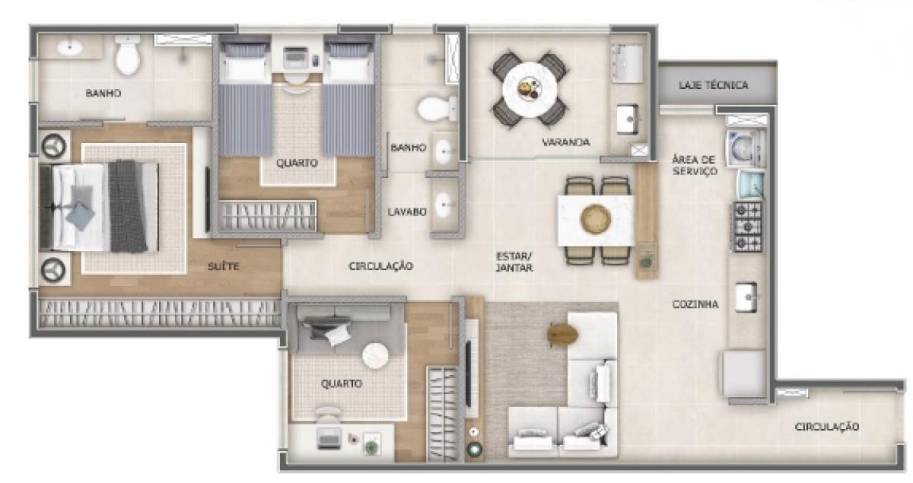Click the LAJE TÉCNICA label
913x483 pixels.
pos(713,85)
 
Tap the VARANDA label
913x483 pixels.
pos(565,142)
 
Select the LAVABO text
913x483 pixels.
pos(406,211)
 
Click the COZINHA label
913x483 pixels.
pos(695,304)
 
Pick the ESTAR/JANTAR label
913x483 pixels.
pos(514,262)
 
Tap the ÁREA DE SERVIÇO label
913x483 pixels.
pos(695,165)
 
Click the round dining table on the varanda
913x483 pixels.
pos(530,90)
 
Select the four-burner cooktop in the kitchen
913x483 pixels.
pos(746,227)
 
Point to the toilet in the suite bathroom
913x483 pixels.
pos(128,57)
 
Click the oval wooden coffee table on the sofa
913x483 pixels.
pos(564,334)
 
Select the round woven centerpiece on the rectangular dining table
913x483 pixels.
pos(596,220)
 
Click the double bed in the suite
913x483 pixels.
pos(99,205)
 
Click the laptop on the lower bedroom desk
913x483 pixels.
pos(329,437)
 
